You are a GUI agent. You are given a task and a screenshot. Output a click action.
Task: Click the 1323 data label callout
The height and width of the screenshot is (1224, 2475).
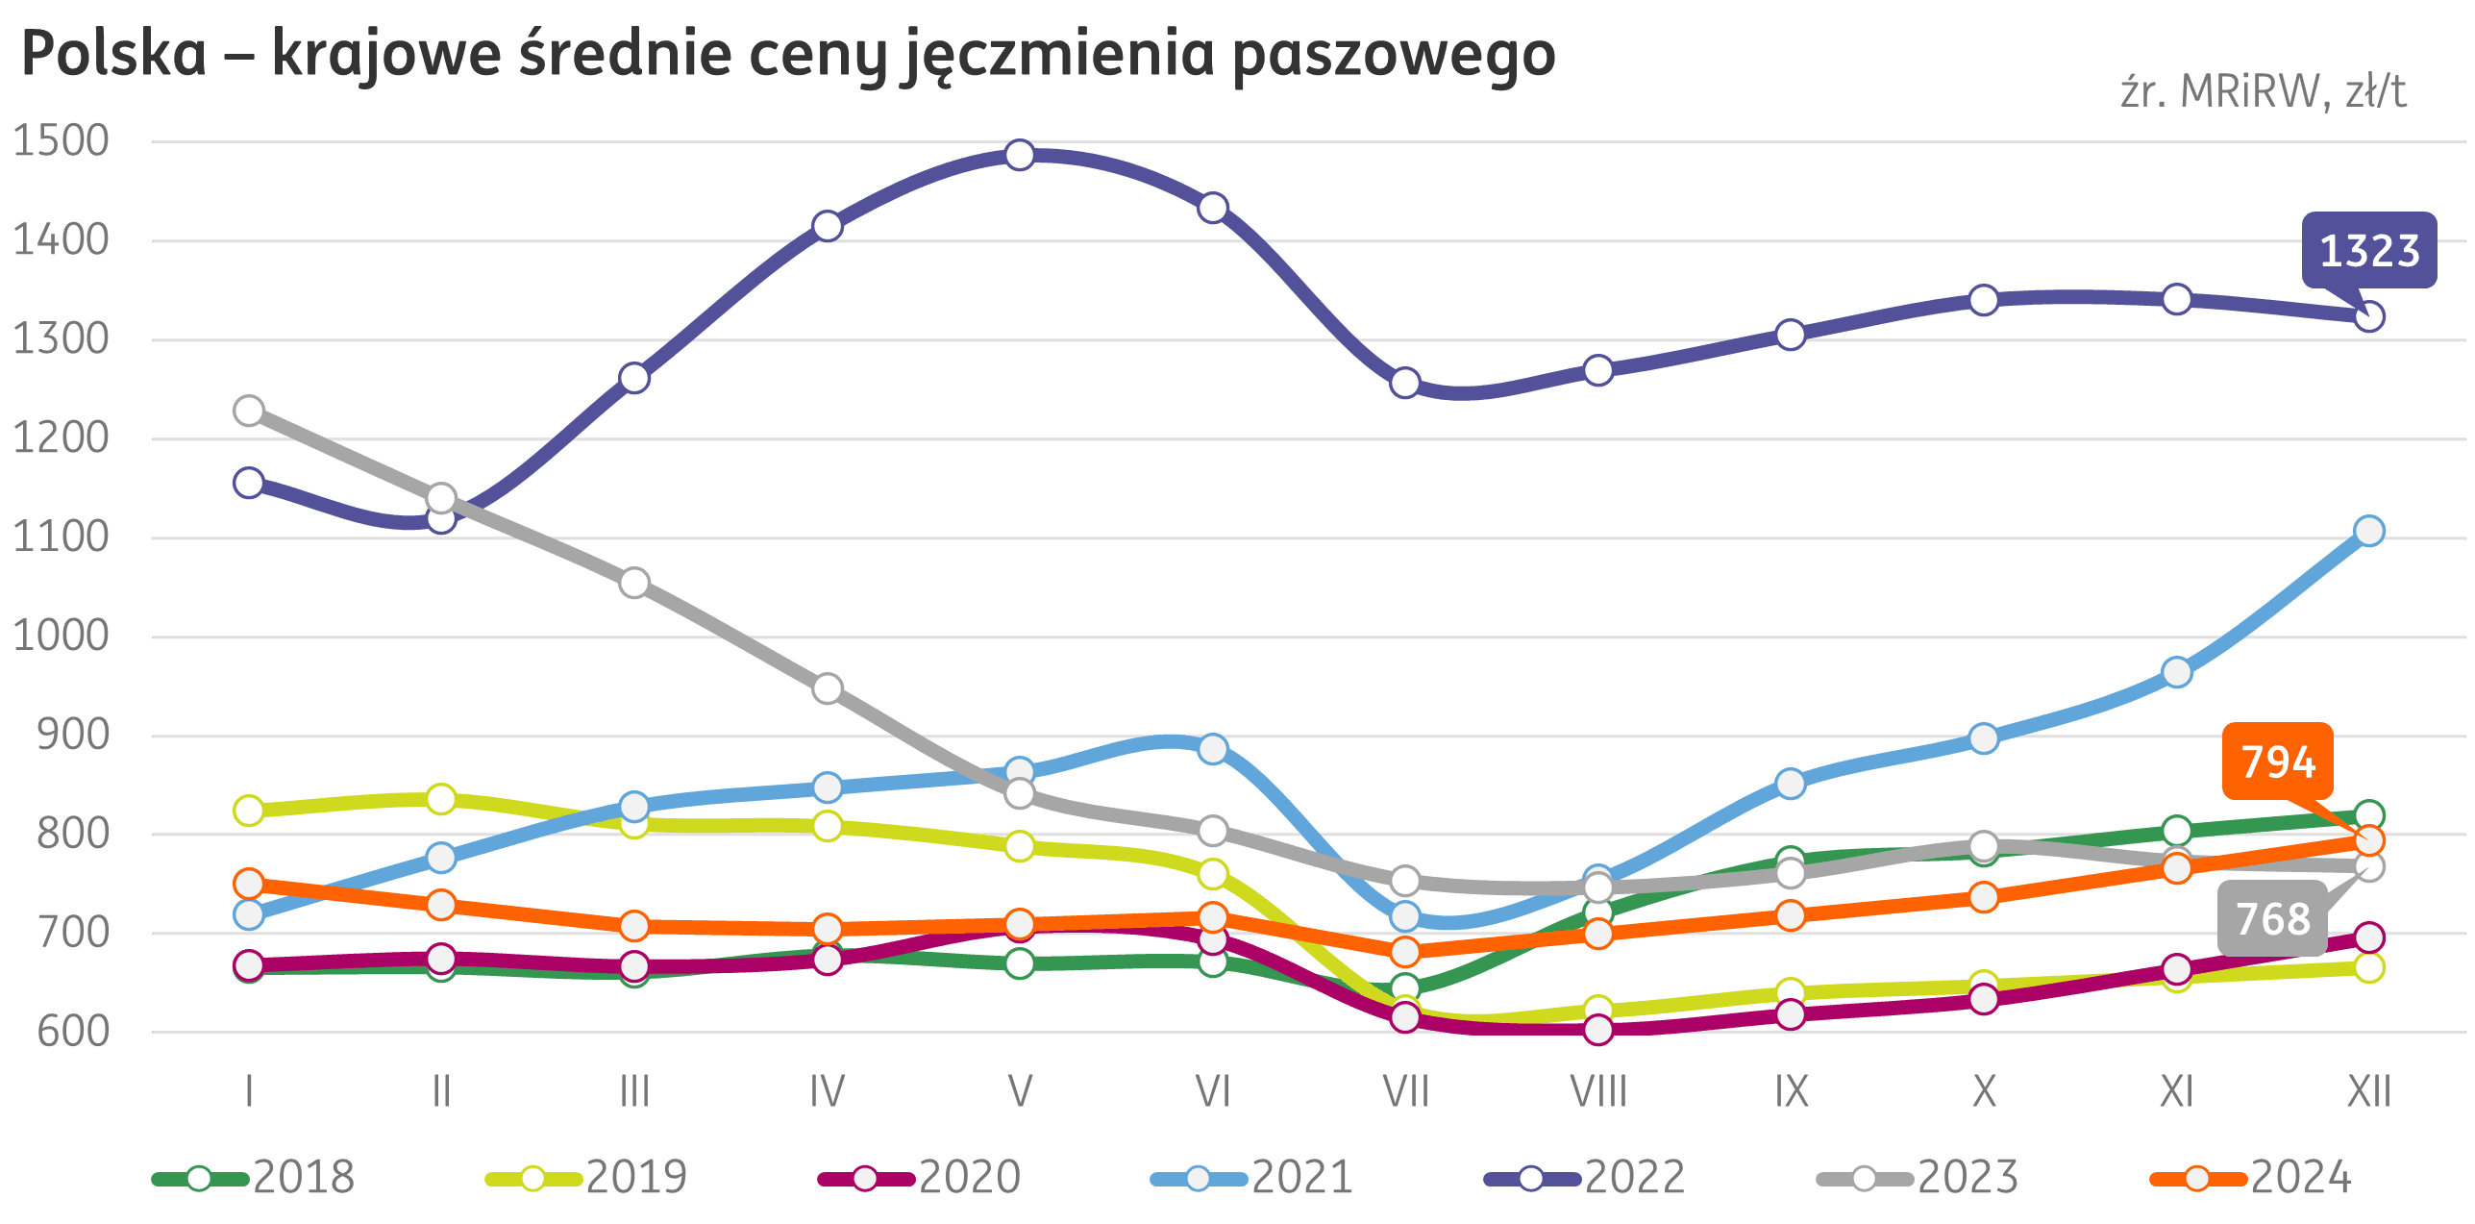(x=2368, y=250)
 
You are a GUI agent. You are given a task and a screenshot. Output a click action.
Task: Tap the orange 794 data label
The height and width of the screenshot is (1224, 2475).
(x=2277, y=762)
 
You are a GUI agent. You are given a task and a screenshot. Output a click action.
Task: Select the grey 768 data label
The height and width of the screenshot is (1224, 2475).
(x=2273, y=918)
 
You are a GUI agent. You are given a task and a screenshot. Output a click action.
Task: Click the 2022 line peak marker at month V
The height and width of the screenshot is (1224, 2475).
(x=1020, y=155)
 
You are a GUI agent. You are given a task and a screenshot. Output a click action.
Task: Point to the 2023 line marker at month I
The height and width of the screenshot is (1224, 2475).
(x=249, y=411)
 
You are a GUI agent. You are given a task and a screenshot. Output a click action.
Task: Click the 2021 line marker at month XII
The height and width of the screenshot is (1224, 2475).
(x=2369, y=531)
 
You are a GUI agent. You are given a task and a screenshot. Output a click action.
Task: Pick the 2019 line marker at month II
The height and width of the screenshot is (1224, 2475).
(x=441, y=799)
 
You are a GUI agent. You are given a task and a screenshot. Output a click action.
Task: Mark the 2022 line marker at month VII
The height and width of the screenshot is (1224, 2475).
(x=1405, y=383)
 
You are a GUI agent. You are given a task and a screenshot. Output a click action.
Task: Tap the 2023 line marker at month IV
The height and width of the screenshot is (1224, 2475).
(x=828, y=688)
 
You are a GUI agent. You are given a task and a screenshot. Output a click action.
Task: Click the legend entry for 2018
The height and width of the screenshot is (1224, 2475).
(x=255, y=1178)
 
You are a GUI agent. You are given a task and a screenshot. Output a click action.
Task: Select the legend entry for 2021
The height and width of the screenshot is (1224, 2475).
(x=1252, y=1178)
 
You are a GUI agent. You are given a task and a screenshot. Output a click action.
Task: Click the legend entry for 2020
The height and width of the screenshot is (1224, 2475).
(x=920, y=1178)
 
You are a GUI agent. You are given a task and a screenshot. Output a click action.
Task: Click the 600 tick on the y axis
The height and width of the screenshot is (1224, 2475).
(x=73, y=1032)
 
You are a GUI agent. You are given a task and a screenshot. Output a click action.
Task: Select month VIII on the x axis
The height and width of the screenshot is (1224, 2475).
(x=1598, y=1092)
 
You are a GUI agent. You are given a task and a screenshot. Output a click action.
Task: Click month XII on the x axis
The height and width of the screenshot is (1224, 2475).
(x=2369, y=1092)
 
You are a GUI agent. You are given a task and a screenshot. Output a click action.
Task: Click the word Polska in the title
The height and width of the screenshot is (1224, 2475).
(x=113, y=54)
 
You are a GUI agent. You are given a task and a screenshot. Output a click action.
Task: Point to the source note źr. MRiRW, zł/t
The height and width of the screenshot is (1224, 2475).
(x=2264, y=92)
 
